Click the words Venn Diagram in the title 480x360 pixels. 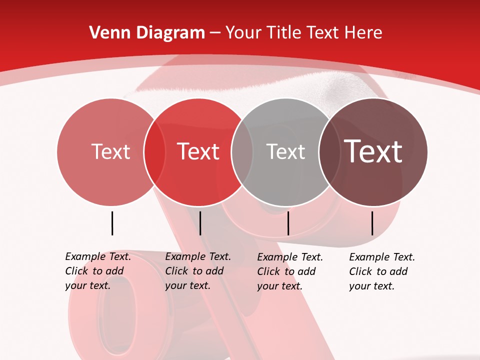[x=147, y=33]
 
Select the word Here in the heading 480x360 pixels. [x=361, y=33]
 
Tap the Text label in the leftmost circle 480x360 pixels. [x=110, y=151]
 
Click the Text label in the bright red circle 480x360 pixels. [x=198, y=151]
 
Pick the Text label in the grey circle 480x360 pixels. [x=285, y=151]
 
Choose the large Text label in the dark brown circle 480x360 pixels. [x=373, y=151]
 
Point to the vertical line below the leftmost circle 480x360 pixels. [x=112, y=223]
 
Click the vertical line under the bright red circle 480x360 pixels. [x=200, y=223]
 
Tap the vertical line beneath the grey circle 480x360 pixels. [x=288, y=223]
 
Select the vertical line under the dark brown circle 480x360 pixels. [x=372, y=223]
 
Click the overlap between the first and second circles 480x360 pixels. [x=154, y=151]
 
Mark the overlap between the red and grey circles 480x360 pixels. [x=242, y=151]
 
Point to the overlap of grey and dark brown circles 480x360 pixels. [x=328, y=151]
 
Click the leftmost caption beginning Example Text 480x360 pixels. [x=98, y=271]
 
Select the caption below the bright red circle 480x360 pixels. [x=198, y=271]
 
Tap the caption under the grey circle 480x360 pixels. [x=290, y=271]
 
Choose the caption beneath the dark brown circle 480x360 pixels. [x=382, y=271]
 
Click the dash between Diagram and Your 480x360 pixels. [x=215, y=33]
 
